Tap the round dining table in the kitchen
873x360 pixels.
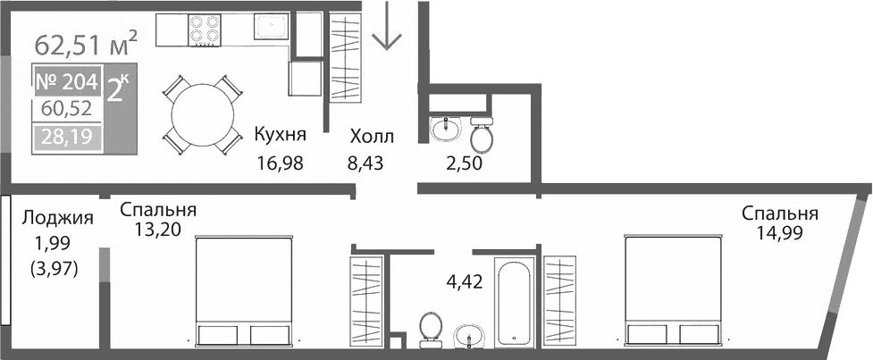click(203, 113)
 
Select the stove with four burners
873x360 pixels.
click(205, 30)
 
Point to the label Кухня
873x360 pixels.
click(280, 136)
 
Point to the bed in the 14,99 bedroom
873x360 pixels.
click(675, 290)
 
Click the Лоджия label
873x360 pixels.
click(58, 218)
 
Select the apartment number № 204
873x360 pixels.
click(66, 82)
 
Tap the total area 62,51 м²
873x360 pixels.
click(86, 42)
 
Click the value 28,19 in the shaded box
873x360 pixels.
click(68, 138)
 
